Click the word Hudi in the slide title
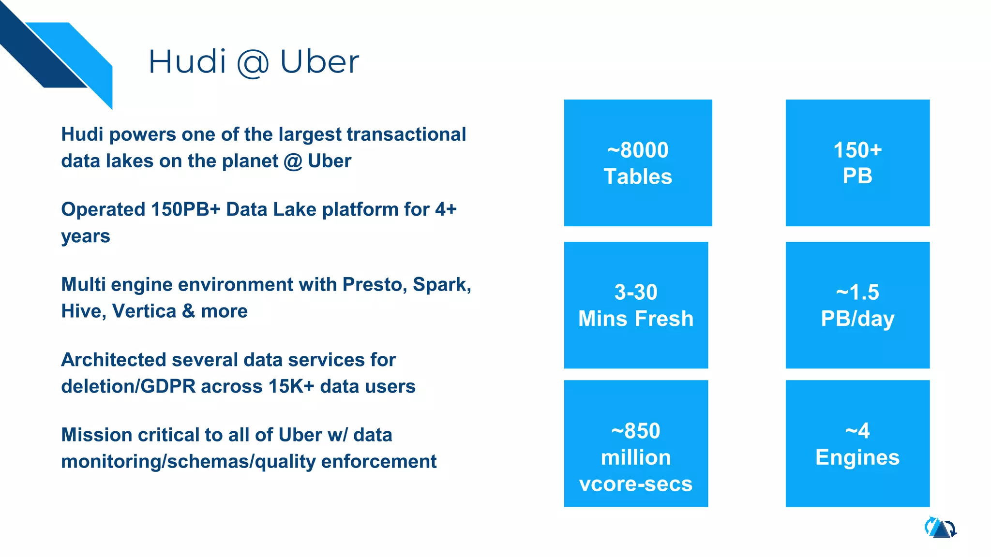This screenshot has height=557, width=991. pyautogui.click(x=187, y=62)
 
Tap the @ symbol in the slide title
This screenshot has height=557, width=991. pyautogui.click(x=253, y=63)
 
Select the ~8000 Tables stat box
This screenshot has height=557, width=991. pyautogui.click(x=638, y=163)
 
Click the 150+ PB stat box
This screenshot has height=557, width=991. pyautogui.click(x=857, y=163)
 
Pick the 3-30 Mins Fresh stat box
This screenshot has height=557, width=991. pyautogui.click(x=636, y=305)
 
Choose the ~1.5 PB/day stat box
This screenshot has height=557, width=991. pyautogui.click(x=857, y=305)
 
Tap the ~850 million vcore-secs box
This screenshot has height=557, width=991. pyautogui.click(x=636, y=443)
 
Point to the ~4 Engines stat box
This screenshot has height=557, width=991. pyautogui.click(x=857, y=443)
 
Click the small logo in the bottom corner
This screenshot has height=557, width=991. pyautogui.click(x=940, y=528)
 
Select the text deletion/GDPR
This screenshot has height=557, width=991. pyautogui.click(x=128, y=386)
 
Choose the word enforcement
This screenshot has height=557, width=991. pyautogui.click(x=378, y=461)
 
